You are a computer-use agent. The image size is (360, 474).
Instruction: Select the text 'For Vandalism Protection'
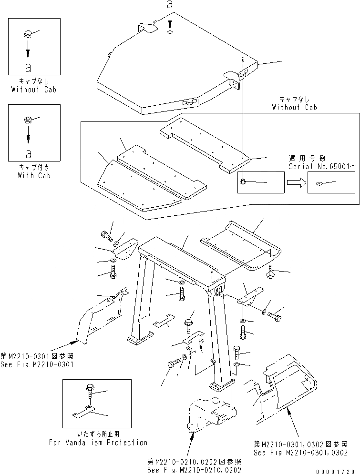(98, 442)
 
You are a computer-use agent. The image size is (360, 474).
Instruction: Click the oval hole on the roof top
(170, 32)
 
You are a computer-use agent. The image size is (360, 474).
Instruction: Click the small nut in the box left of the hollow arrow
(244, 182)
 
